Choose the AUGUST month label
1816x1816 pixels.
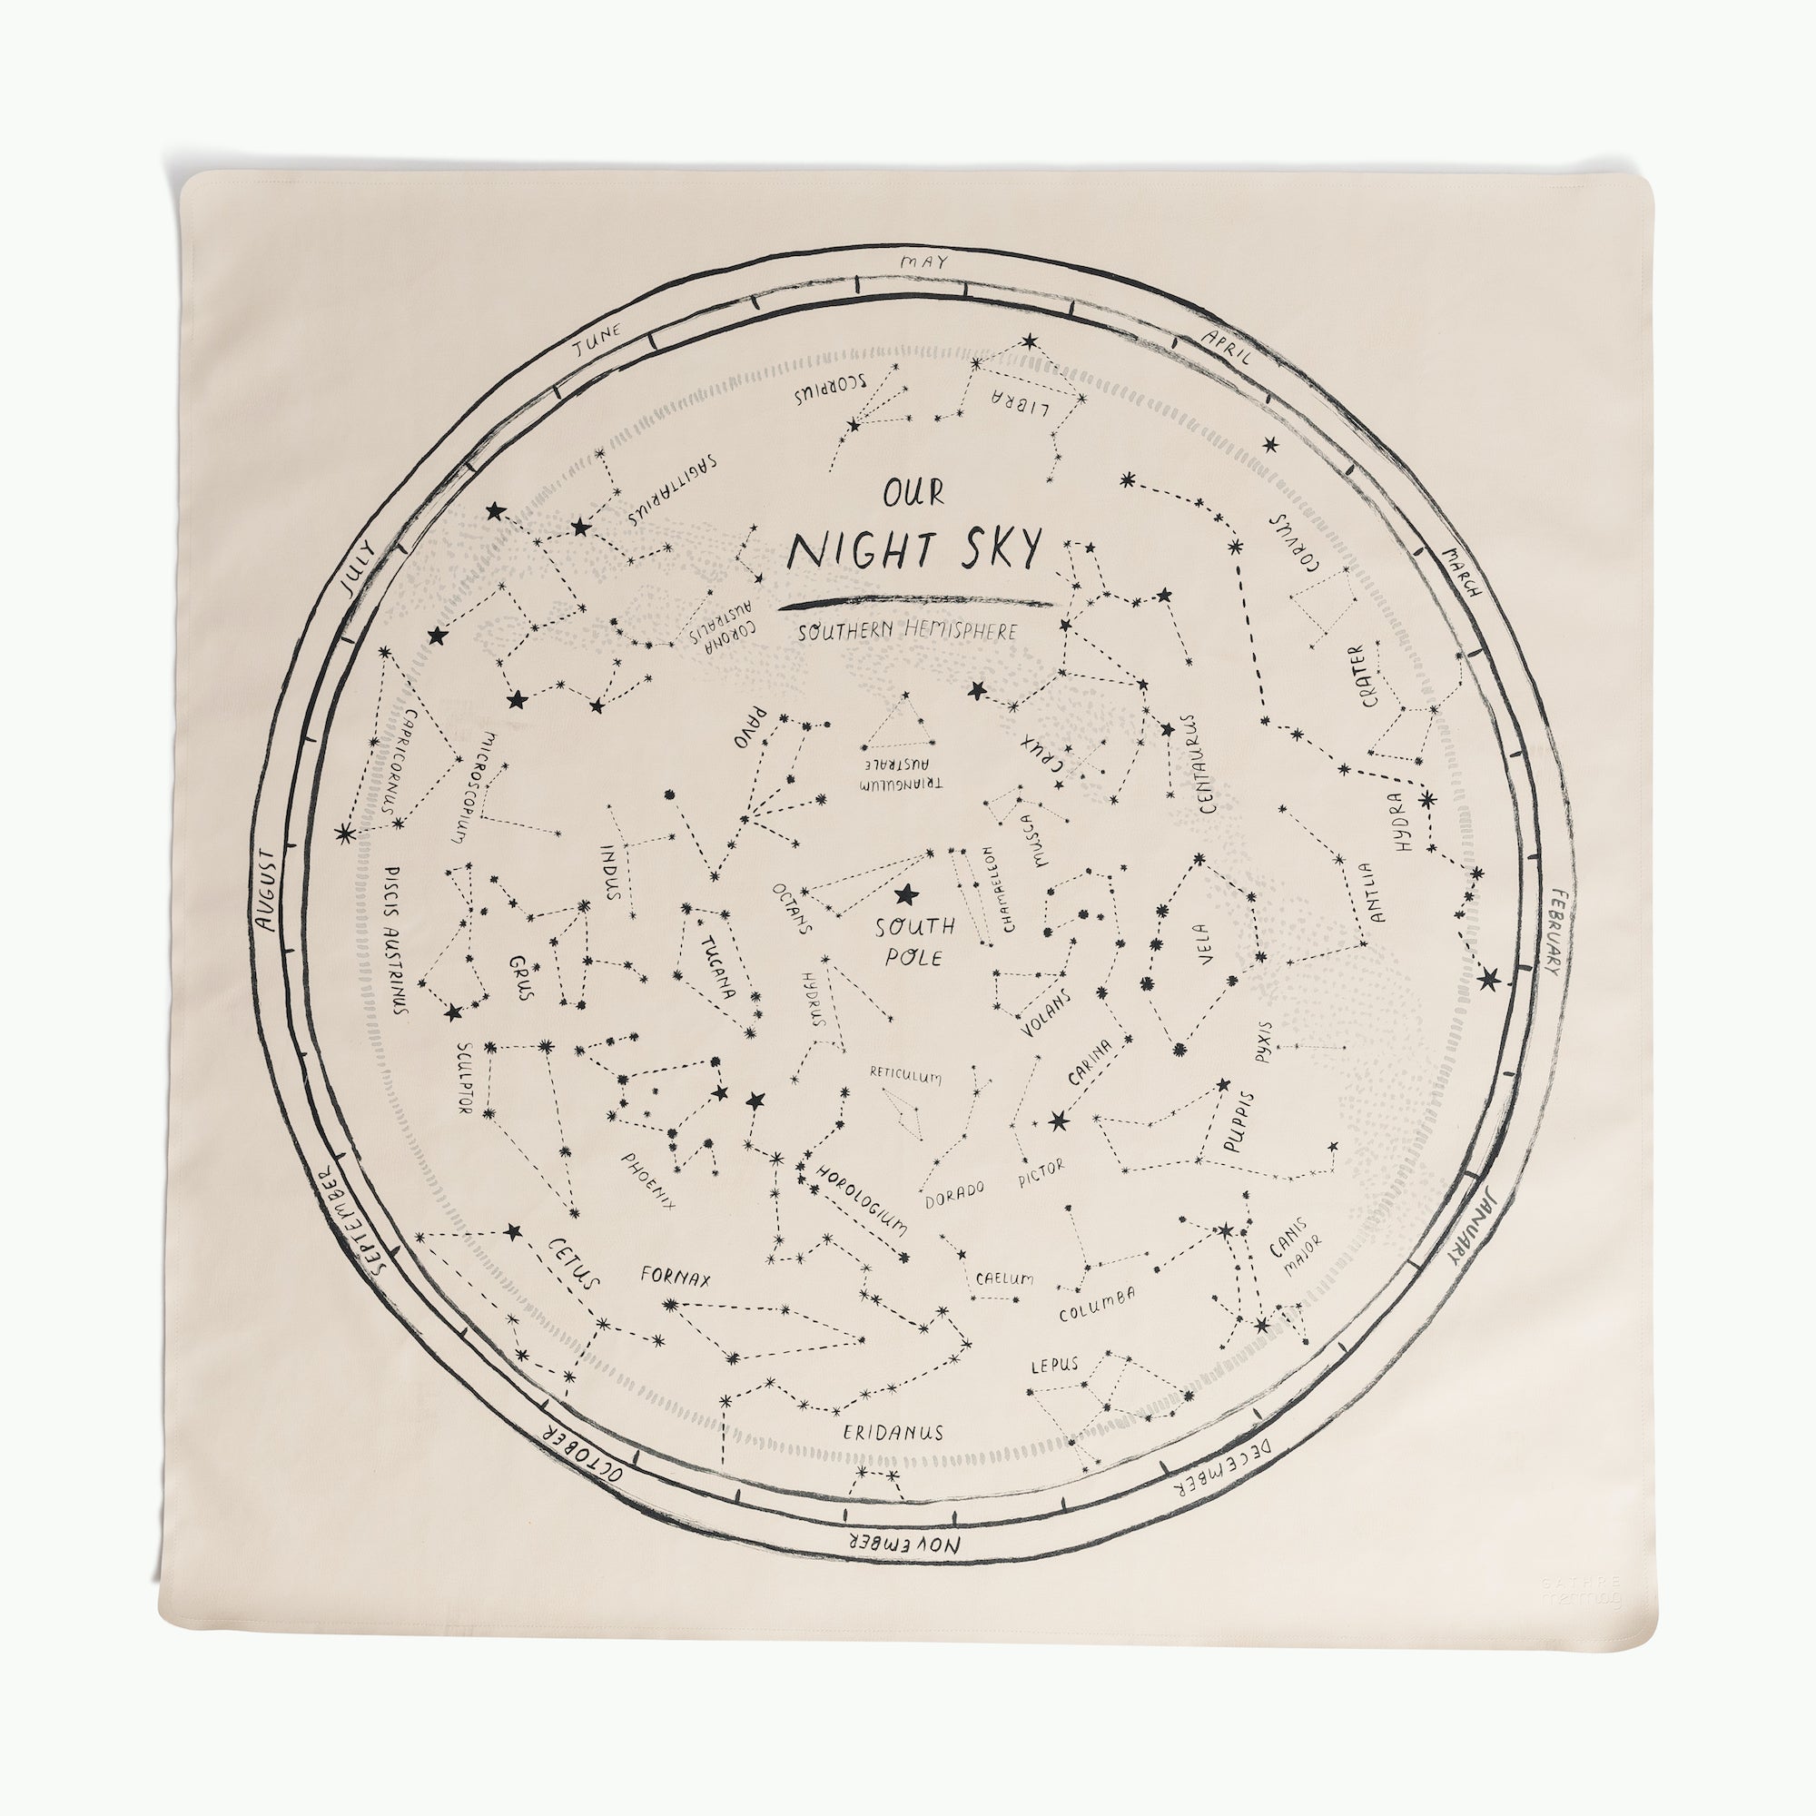(270, 890)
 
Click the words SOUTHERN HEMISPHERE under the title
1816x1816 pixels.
(907, 632)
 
